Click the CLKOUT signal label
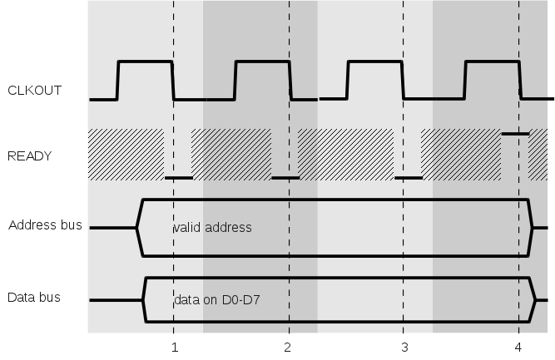point(34,91)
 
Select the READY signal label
point(30,155)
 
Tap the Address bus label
point(45,225)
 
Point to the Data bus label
point(34,297)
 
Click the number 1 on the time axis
point(173,347)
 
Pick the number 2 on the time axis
point(288,347)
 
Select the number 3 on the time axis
point(404,347)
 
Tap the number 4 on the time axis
point(518,347)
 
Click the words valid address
point(212,227)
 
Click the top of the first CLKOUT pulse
point(145,62)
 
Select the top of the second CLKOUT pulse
point(262,62)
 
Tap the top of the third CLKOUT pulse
point(374,62)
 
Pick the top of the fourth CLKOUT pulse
point(491,62)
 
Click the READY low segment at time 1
point(178,177)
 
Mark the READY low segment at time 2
point(285,177)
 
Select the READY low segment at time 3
point(408,177)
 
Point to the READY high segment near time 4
point(515,133)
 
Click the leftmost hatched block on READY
point(126,154)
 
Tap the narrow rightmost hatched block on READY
point(538,154)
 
